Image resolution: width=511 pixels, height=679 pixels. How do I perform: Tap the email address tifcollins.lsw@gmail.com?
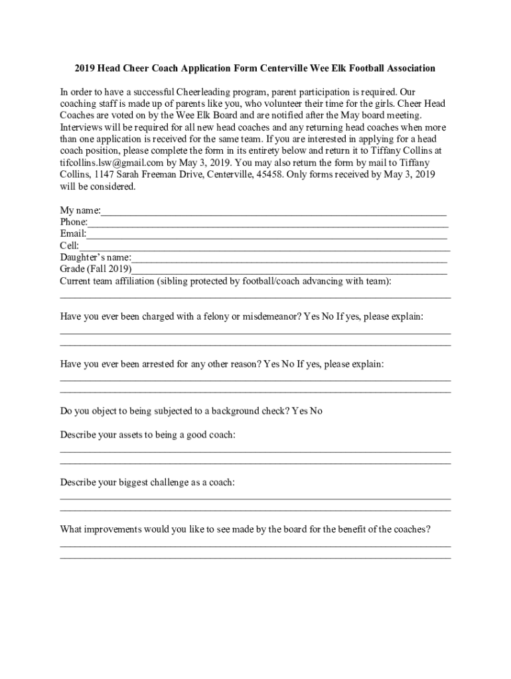tap(111, 162)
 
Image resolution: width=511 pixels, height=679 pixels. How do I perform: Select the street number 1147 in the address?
tap(105, 174)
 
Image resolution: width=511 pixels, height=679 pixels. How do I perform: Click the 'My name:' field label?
tap(80, 210)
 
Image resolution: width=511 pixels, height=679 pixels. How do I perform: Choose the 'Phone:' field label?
tap(74, 222)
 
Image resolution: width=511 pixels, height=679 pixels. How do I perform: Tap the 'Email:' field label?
tap(73, 234)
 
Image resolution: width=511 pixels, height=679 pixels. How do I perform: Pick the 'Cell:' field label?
tap(70, 246)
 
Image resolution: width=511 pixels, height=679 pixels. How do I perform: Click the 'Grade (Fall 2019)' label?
tap(96, 269)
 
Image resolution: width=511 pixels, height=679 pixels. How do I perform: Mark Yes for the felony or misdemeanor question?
tap(312, 316)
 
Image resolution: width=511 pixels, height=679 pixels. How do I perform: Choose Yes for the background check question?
tap(299, 411)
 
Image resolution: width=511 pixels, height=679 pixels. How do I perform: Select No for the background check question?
tap(316, 411)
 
